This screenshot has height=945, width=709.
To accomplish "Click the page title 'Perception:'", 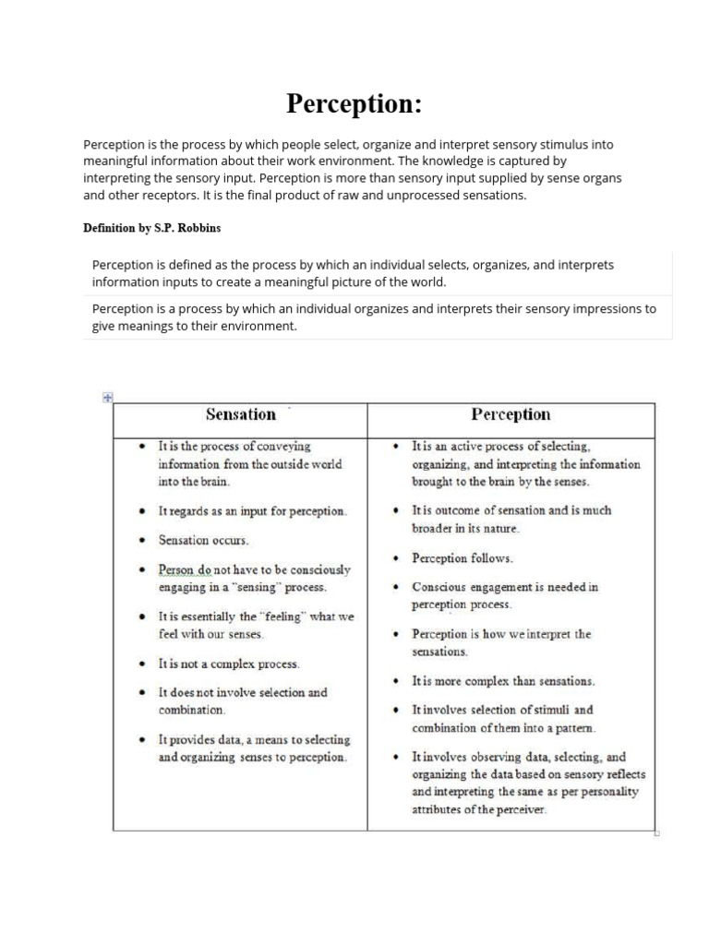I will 354,104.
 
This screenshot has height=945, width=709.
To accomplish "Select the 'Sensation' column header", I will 240,415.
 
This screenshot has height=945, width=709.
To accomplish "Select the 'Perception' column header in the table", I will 511,415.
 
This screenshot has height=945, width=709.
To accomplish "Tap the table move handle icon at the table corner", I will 107,397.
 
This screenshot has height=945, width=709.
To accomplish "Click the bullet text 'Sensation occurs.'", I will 204,540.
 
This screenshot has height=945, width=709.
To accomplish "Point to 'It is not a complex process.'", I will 229,664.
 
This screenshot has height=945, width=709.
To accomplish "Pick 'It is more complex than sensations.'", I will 503,681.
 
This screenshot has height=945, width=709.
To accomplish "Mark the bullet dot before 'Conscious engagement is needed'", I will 395,587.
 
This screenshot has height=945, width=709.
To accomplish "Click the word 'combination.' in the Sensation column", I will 191,711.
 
